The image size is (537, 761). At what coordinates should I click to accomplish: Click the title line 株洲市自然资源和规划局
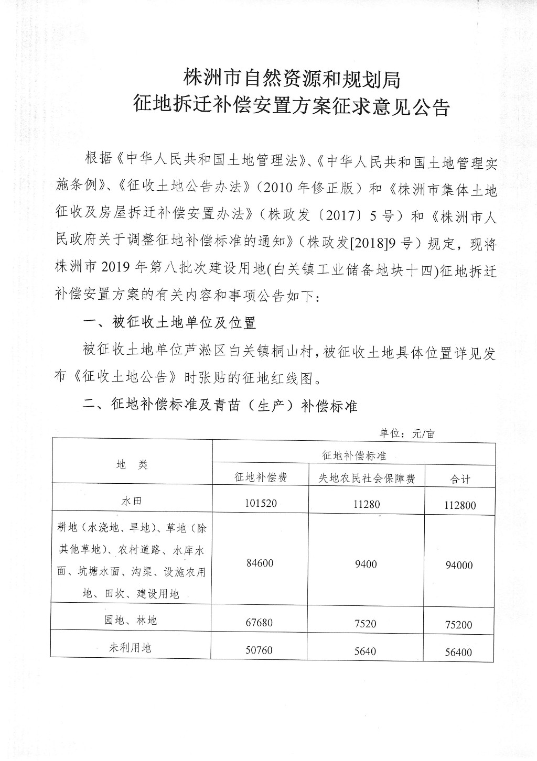pyautogui.click(x=292, y=79)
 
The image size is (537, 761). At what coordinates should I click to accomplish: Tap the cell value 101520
pyautogui.click(x=260, y=503)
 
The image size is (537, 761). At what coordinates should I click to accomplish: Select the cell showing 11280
pyautogui.click(x=367, y=505)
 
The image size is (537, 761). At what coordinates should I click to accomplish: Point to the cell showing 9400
pyautogui.click(x=366, y=564)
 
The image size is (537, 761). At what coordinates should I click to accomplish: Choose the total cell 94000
pyautogui.click(x=459, y=566)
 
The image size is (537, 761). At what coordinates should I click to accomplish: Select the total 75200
pyautogui.click(x=458, y=625)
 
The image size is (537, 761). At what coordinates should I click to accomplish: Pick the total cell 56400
pyautogui.click(x=458, y=653)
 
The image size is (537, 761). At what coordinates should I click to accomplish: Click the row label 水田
pyautogui.click(x=132, y=501)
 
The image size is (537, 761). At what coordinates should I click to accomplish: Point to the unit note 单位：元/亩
pyautogui.click(x=407, y=434)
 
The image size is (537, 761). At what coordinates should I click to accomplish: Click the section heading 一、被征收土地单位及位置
pyautogui.click(x=170, y=322)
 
